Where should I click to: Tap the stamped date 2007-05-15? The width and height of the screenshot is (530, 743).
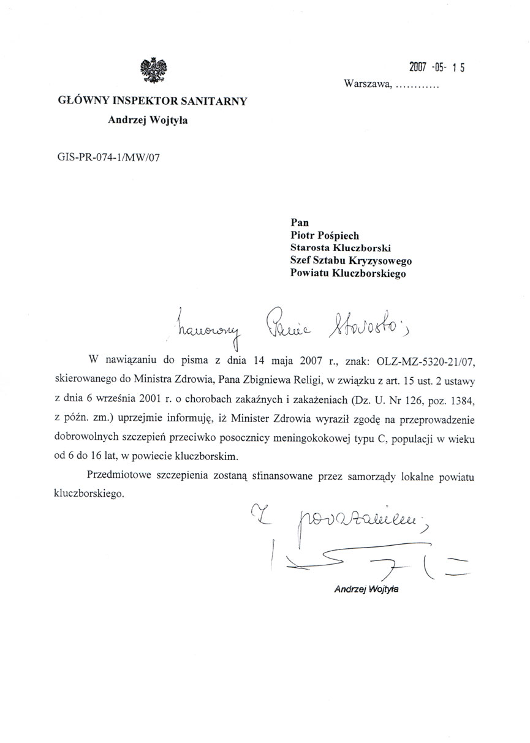[x=437, y=67]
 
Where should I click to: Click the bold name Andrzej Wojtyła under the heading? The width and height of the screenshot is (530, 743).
[x=148, y=120]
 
